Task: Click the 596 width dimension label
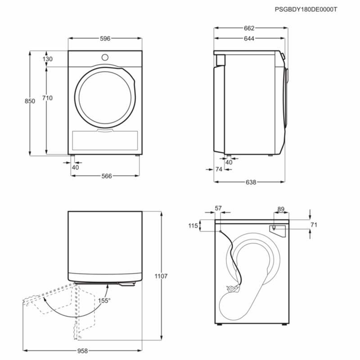pyautogui.click(x=105, y=39)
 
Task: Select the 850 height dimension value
pyautogui.click(x=29, y=102)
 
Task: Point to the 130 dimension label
pyautogui.click(x=48, y=59)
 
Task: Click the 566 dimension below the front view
pyautogui.click(x=106, y=176)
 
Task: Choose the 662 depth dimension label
pyautogui.click(x=249, y=28)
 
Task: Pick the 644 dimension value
pyautogui.click(x=249, y=39)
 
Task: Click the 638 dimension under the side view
pyautogui.click(x=251, y=182)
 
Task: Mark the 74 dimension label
pyautogui.click(x=219, y=169)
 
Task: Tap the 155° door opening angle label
pyautogui.click(x=104, y=301)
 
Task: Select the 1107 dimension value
pyautogui.click(x=161, y=276)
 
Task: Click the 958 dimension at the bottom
pyautogui.click(x=82, y=350)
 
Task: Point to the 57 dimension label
pyautogui.click(x=219, y=208)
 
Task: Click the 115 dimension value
pyautogui.click(x=193, y=226)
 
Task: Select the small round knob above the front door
pyautogui.click(x=105, y=57)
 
